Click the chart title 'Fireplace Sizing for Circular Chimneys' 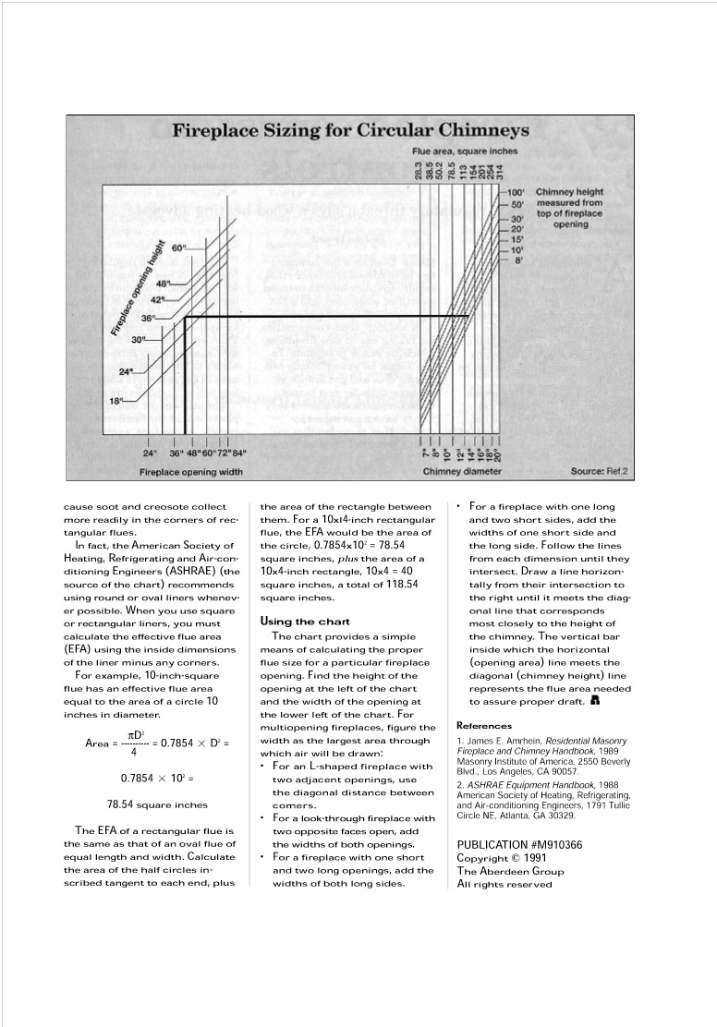[350, 130]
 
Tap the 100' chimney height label [518, 192]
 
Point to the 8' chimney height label [518, 260]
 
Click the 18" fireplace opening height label [117, 401]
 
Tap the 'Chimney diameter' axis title [462, 472]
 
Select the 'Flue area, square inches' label [465, 151]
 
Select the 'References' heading [485, 725]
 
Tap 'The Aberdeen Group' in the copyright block [511, 871]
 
